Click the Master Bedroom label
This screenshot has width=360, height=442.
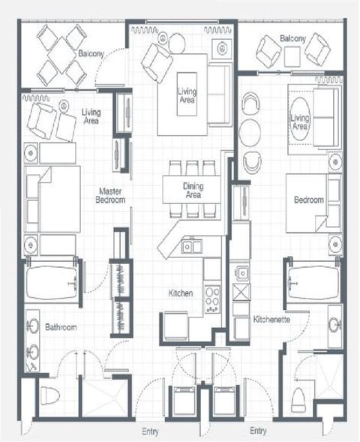tap(110, 196)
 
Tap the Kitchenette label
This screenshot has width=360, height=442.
tap(271, 320)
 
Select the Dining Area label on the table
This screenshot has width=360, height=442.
tap(193, 191)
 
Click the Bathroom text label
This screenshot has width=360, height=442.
tap(61, 327)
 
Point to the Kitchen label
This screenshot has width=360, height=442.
tap(181, 293)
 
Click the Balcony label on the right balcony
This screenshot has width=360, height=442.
tap(292, 38)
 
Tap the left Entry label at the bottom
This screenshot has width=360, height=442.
tap(150, 431)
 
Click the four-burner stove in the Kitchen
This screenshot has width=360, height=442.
tap(212, 299)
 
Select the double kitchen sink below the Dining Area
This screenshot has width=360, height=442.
tap(192, 246)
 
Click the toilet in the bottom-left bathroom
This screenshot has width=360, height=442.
tap(50, 395)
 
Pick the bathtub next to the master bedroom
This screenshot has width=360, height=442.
tap(52, 283)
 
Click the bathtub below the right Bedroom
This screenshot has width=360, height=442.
tap(314, 283)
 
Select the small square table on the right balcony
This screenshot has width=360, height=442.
tap(292, 57)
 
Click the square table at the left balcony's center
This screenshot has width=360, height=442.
tap(62, 56)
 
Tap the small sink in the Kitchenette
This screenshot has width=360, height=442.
tap(242, 273)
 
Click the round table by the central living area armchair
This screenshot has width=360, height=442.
tap(176, 43)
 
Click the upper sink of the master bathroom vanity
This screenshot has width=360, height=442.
tap(33, 326)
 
